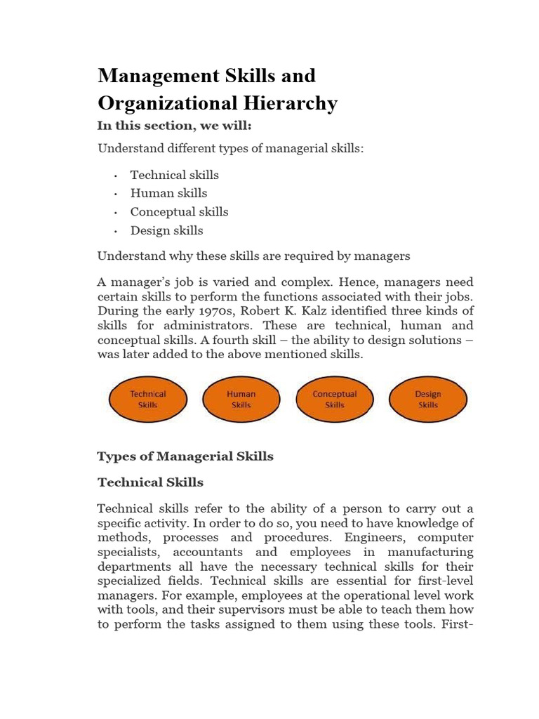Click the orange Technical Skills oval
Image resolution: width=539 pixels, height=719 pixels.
pyautogui.click(x=148, y=400)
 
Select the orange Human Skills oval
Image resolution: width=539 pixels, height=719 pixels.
pyautogui.click(x=241, y=400)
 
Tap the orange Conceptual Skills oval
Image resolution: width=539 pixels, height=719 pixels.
pyautogui.click(x=335, y=400)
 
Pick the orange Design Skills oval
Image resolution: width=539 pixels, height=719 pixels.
pyautogui.click(x=428, y=400)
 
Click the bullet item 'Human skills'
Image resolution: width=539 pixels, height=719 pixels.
pyautogui.click(x=168, y=193)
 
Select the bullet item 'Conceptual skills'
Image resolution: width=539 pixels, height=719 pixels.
pyautogui.click(x=179, y=211)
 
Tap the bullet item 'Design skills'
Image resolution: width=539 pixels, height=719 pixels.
pyautogui.click(x=166, y=230)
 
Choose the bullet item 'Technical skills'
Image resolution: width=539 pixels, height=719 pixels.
pyautogui.click(x=174, y=175)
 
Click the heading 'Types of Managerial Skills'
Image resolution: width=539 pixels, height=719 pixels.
pyautogui.click(x=185, y=456)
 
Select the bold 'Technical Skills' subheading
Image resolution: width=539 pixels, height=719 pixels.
pyautogui.click(x=150, y=482)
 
